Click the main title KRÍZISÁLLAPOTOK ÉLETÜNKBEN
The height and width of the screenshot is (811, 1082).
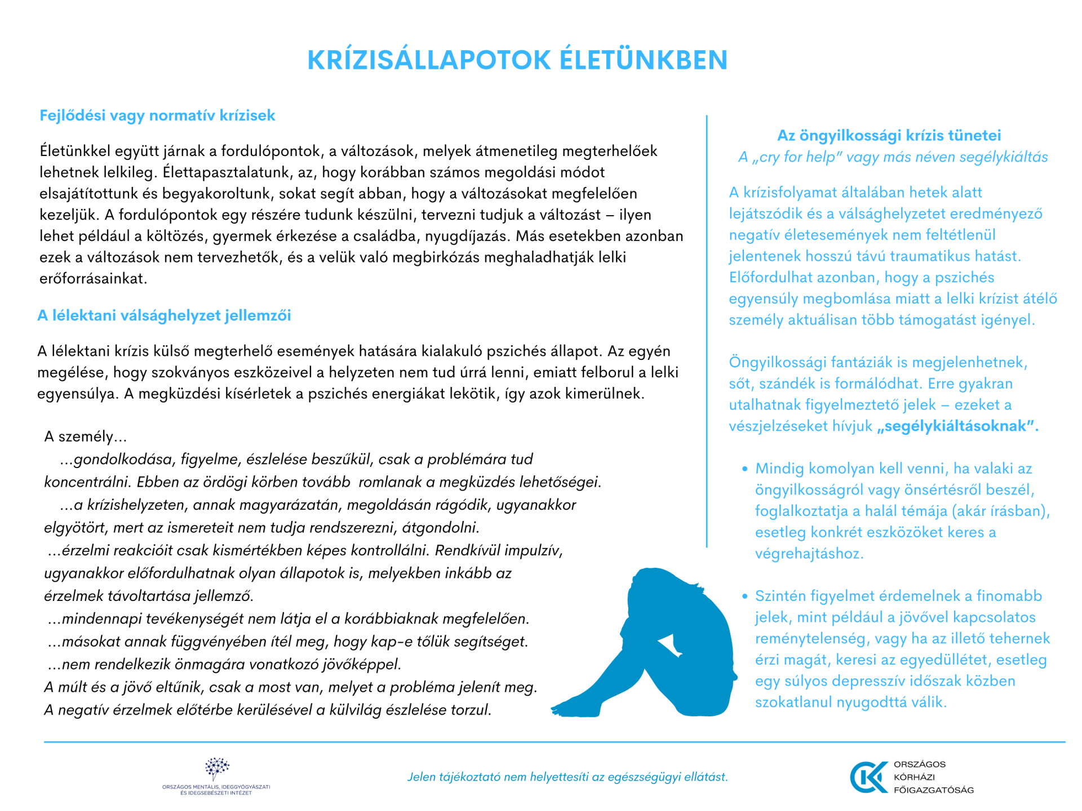coord(517,60)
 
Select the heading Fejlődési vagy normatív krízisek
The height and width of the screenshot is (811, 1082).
coord(157,115)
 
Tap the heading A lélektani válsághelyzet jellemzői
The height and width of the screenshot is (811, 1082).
coord(164,315)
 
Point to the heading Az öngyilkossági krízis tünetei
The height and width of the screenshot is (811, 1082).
coord(889,136)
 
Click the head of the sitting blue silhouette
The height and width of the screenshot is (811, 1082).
coord(654,586)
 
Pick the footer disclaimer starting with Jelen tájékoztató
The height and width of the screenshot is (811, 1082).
coord(567,777)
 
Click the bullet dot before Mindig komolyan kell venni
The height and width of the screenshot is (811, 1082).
coord(744,469)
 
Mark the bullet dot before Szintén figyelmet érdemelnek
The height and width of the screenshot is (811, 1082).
coord(744,596)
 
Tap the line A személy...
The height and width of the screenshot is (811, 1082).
coord(86,437)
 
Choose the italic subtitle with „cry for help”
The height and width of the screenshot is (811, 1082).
coord(893,157)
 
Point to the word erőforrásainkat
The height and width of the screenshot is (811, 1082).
coord(93,279)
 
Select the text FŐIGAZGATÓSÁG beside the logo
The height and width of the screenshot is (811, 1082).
coord(933,790)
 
